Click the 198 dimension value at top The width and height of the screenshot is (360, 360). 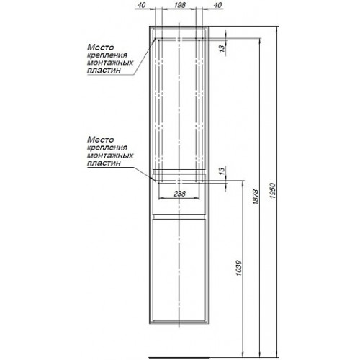(180, 5)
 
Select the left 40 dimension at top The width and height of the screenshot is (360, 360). (142, 5)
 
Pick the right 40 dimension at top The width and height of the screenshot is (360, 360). (217, 5)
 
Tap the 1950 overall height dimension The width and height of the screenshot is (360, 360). (272, 191)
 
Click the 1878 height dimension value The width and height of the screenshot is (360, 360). (256, 197)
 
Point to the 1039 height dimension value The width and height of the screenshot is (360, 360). (238, 268)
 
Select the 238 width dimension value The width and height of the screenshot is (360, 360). (179, 194)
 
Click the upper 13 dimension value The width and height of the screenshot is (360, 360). (222, 48)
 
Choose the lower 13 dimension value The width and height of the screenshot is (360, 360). (222, 171)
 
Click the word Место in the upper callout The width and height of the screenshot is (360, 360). (100, 47)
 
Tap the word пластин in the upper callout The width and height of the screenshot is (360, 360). (104, 71)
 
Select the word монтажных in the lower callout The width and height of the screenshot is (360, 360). (110, 156)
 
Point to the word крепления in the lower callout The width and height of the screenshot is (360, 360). (107, 148)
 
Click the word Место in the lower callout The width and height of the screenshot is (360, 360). (100, 140)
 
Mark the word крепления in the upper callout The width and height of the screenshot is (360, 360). (107, 55)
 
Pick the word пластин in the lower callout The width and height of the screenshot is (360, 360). (104, 163)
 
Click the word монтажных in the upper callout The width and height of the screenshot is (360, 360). (110, 63)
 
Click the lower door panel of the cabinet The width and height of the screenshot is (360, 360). (179, 269)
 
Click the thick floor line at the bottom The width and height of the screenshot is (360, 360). (179, 359)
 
